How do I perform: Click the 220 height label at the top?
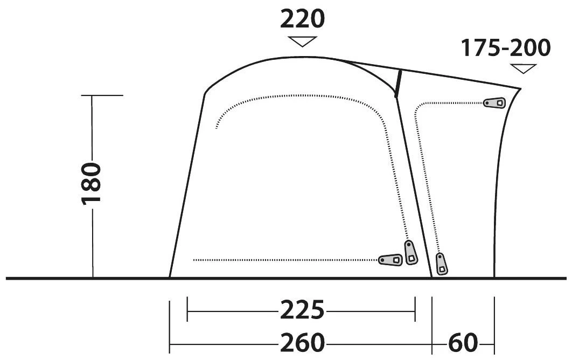(302, 19)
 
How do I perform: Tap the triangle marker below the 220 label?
(302, 41)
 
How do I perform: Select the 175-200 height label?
(506, 48)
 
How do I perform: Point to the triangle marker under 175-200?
(524, 68)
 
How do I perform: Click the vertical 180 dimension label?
(91, 184)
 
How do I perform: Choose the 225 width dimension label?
(302, 310)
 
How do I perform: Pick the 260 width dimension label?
(302, 342)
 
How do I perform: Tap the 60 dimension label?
(463, 342)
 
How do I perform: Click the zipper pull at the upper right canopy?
(494, 103)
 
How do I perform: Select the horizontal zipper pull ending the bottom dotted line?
(390, 260)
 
